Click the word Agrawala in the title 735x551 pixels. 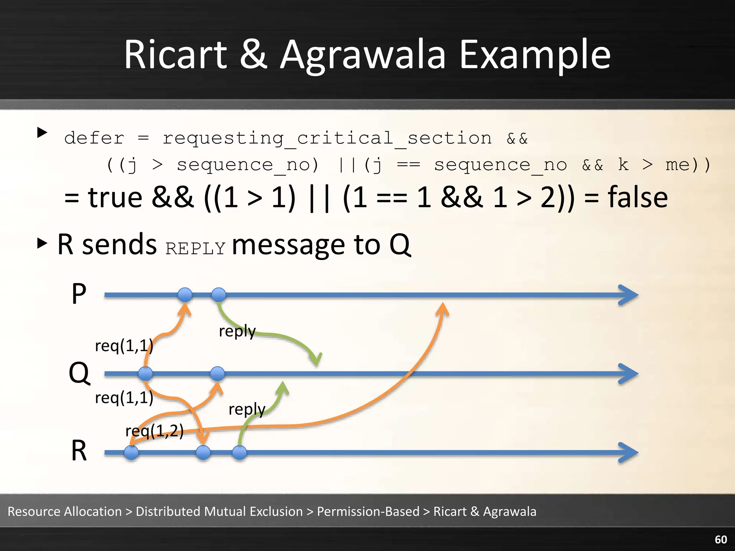362,56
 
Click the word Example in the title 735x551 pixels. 535,56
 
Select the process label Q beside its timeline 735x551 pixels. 79,373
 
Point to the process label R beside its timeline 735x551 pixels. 79,451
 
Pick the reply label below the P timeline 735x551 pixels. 237,331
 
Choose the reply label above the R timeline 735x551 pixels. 247,409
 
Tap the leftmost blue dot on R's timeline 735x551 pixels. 131,453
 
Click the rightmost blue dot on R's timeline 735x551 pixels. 239,453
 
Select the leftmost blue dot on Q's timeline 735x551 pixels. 145,374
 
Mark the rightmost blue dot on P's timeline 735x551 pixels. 219,295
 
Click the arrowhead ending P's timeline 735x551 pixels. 629,295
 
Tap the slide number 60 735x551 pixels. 721,540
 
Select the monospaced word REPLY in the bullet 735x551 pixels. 195,249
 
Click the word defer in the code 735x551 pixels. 94,138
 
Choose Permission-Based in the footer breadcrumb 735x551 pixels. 368,511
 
